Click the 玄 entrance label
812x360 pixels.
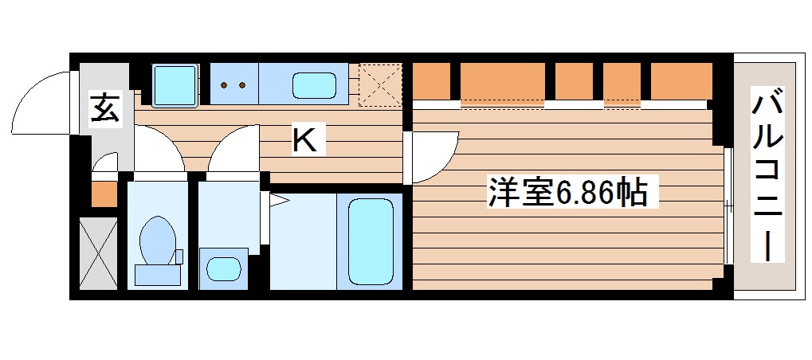(x=105, y=108)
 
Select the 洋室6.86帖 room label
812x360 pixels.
(x=567, y=193)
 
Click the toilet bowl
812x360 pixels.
(x=157, y=239)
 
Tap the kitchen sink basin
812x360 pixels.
(x=315, y=84)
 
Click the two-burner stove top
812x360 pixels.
(x=233, y=84)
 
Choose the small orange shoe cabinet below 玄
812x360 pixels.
(x=104, y=194)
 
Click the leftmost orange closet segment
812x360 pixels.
(x=431, y=80)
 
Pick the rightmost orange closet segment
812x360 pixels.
(x=681, y=80)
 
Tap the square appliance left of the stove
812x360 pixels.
(x=174, y=84)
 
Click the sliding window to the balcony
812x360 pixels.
(x=728, y=206)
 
